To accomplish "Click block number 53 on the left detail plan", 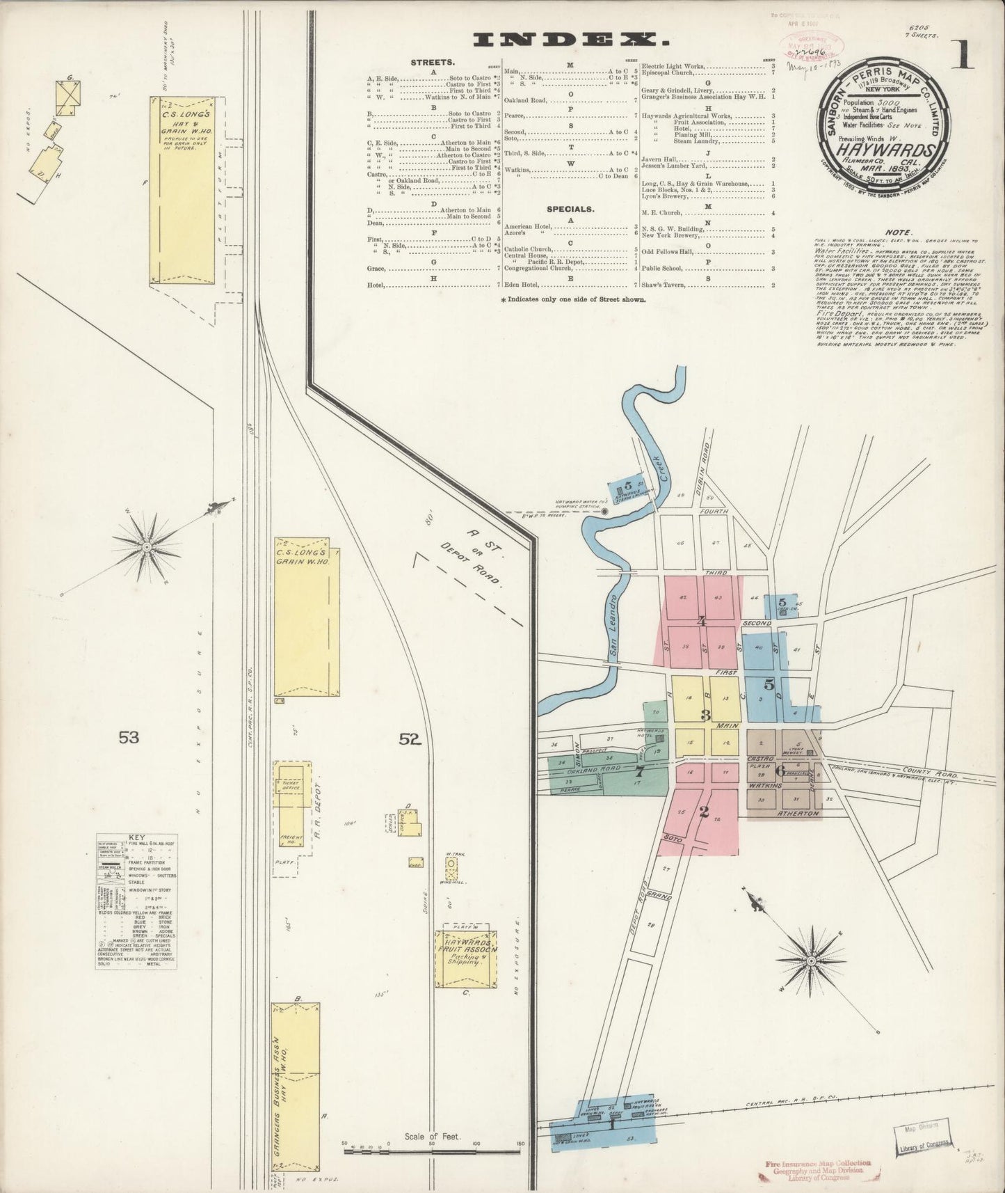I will (129, 737).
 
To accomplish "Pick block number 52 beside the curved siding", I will (410, 741).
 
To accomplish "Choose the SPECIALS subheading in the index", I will (570, 207).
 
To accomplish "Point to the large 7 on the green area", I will (639, 771).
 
